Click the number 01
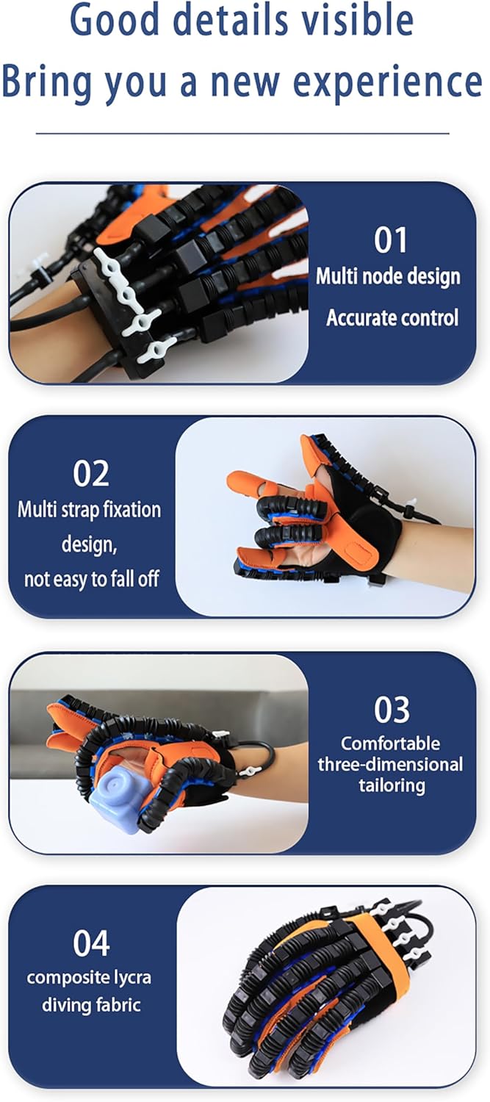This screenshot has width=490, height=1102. tap(391, 240)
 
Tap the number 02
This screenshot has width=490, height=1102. tap(91, 474)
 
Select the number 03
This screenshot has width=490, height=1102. tap(391, 709)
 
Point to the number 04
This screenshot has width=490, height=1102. tap(91, 943)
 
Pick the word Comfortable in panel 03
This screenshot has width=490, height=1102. tap(391, 743)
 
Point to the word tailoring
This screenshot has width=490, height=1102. tap(391, 785)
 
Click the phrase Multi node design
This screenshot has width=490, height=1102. tap(388, 277)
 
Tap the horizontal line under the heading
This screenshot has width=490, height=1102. tap(242, 134)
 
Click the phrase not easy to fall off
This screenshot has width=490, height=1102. tap(91, 578)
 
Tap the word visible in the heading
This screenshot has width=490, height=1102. tap(359, 22)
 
